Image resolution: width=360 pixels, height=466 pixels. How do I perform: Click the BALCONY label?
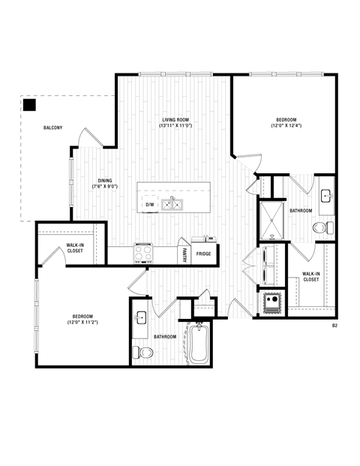(52, 128)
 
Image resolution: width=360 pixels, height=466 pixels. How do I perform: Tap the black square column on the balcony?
(29, 104)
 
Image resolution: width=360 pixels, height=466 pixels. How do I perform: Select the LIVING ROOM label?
(176, 123)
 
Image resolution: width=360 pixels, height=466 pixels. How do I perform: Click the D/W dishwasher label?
(149, 204)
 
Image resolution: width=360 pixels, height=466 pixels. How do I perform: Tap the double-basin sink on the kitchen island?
(173, 203)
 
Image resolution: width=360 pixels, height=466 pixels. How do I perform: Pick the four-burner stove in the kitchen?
(143, 251)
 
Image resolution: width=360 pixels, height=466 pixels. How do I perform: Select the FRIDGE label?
(203, 254)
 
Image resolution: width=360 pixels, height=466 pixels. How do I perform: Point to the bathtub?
(198, 344)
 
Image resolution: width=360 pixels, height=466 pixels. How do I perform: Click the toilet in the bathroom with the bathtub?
(138, 350)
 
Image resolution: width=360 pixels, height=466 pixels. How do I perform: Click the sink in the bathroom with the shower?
(326, 195)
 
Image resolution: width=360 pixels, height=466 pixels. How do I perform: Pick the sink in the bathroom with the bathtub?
(140, 319)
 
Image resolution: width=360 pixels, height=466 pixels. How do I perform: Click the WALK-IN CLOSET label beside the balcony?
(75, 248)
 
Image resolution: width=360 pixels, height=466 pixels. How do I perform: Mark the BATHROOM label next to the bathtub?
(165, 337)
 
